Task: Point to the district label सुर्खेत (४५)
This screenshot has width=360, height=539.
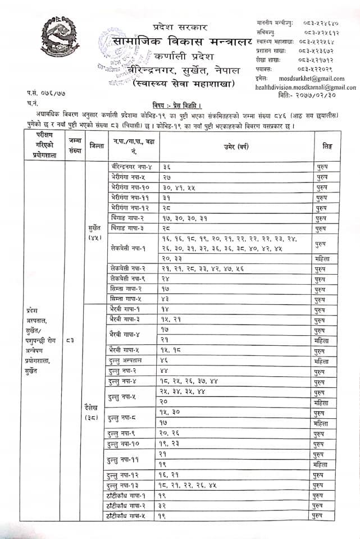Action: (94, 234)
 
